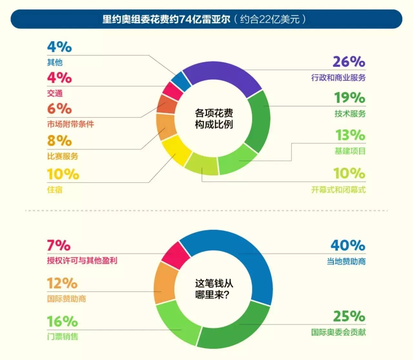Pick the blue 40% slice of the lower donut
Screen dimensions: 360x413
[x=245, y=258]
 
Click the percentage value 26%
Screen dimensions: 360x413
[x=349, y=62]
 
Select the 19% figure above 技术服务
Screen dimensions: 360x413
[x=350, y=98]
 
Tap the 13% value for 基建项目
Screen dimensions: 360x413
[x=350, y=135]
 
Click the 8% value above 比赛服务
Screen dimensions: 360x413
[x=59, y=141]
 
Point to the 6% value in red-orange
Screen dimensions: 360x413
[x=59, y=109]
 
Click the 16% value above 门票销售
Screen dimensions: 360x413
[x=62, y=321]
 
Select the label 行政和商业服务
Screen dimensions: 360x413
[x=338, y=78]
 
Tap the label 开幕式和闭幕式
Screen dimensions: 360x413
[x=338, y=190]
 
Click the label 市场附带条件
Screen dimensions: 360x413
[x=71, y=124]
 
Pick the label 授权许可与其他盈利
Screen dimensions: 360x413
[x=82, y=261]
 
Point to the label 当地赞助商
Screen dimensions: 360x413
[x=346, y=261]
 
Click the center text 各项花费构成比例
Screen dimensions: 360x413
[x=214, y=119]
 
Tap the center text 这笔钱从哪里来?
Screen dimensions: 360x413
[x=214, y=289]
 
